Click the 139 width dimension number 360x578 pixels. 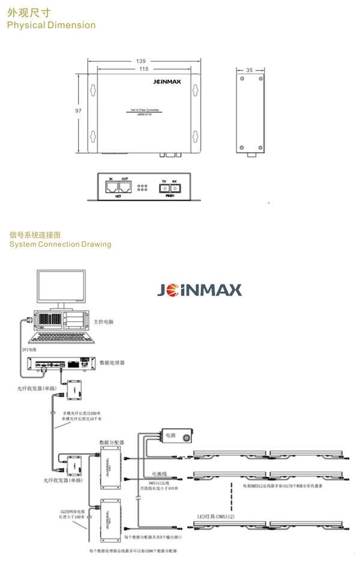[141, 61]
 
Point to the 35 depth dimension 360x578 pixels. [250, 70]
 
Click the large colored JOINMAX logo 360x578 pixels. [200, 290]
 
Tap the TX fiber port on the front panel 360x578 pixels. [164, 188]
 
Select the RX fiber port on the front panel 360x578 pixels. [174, 188]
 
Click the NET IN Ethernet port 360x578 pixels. [112, 187]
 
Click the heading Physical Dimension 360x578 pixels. [50, 25]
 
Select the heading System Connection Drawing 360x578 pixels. [60, 244]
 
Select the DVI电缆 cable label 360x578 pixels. [29, 348]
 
